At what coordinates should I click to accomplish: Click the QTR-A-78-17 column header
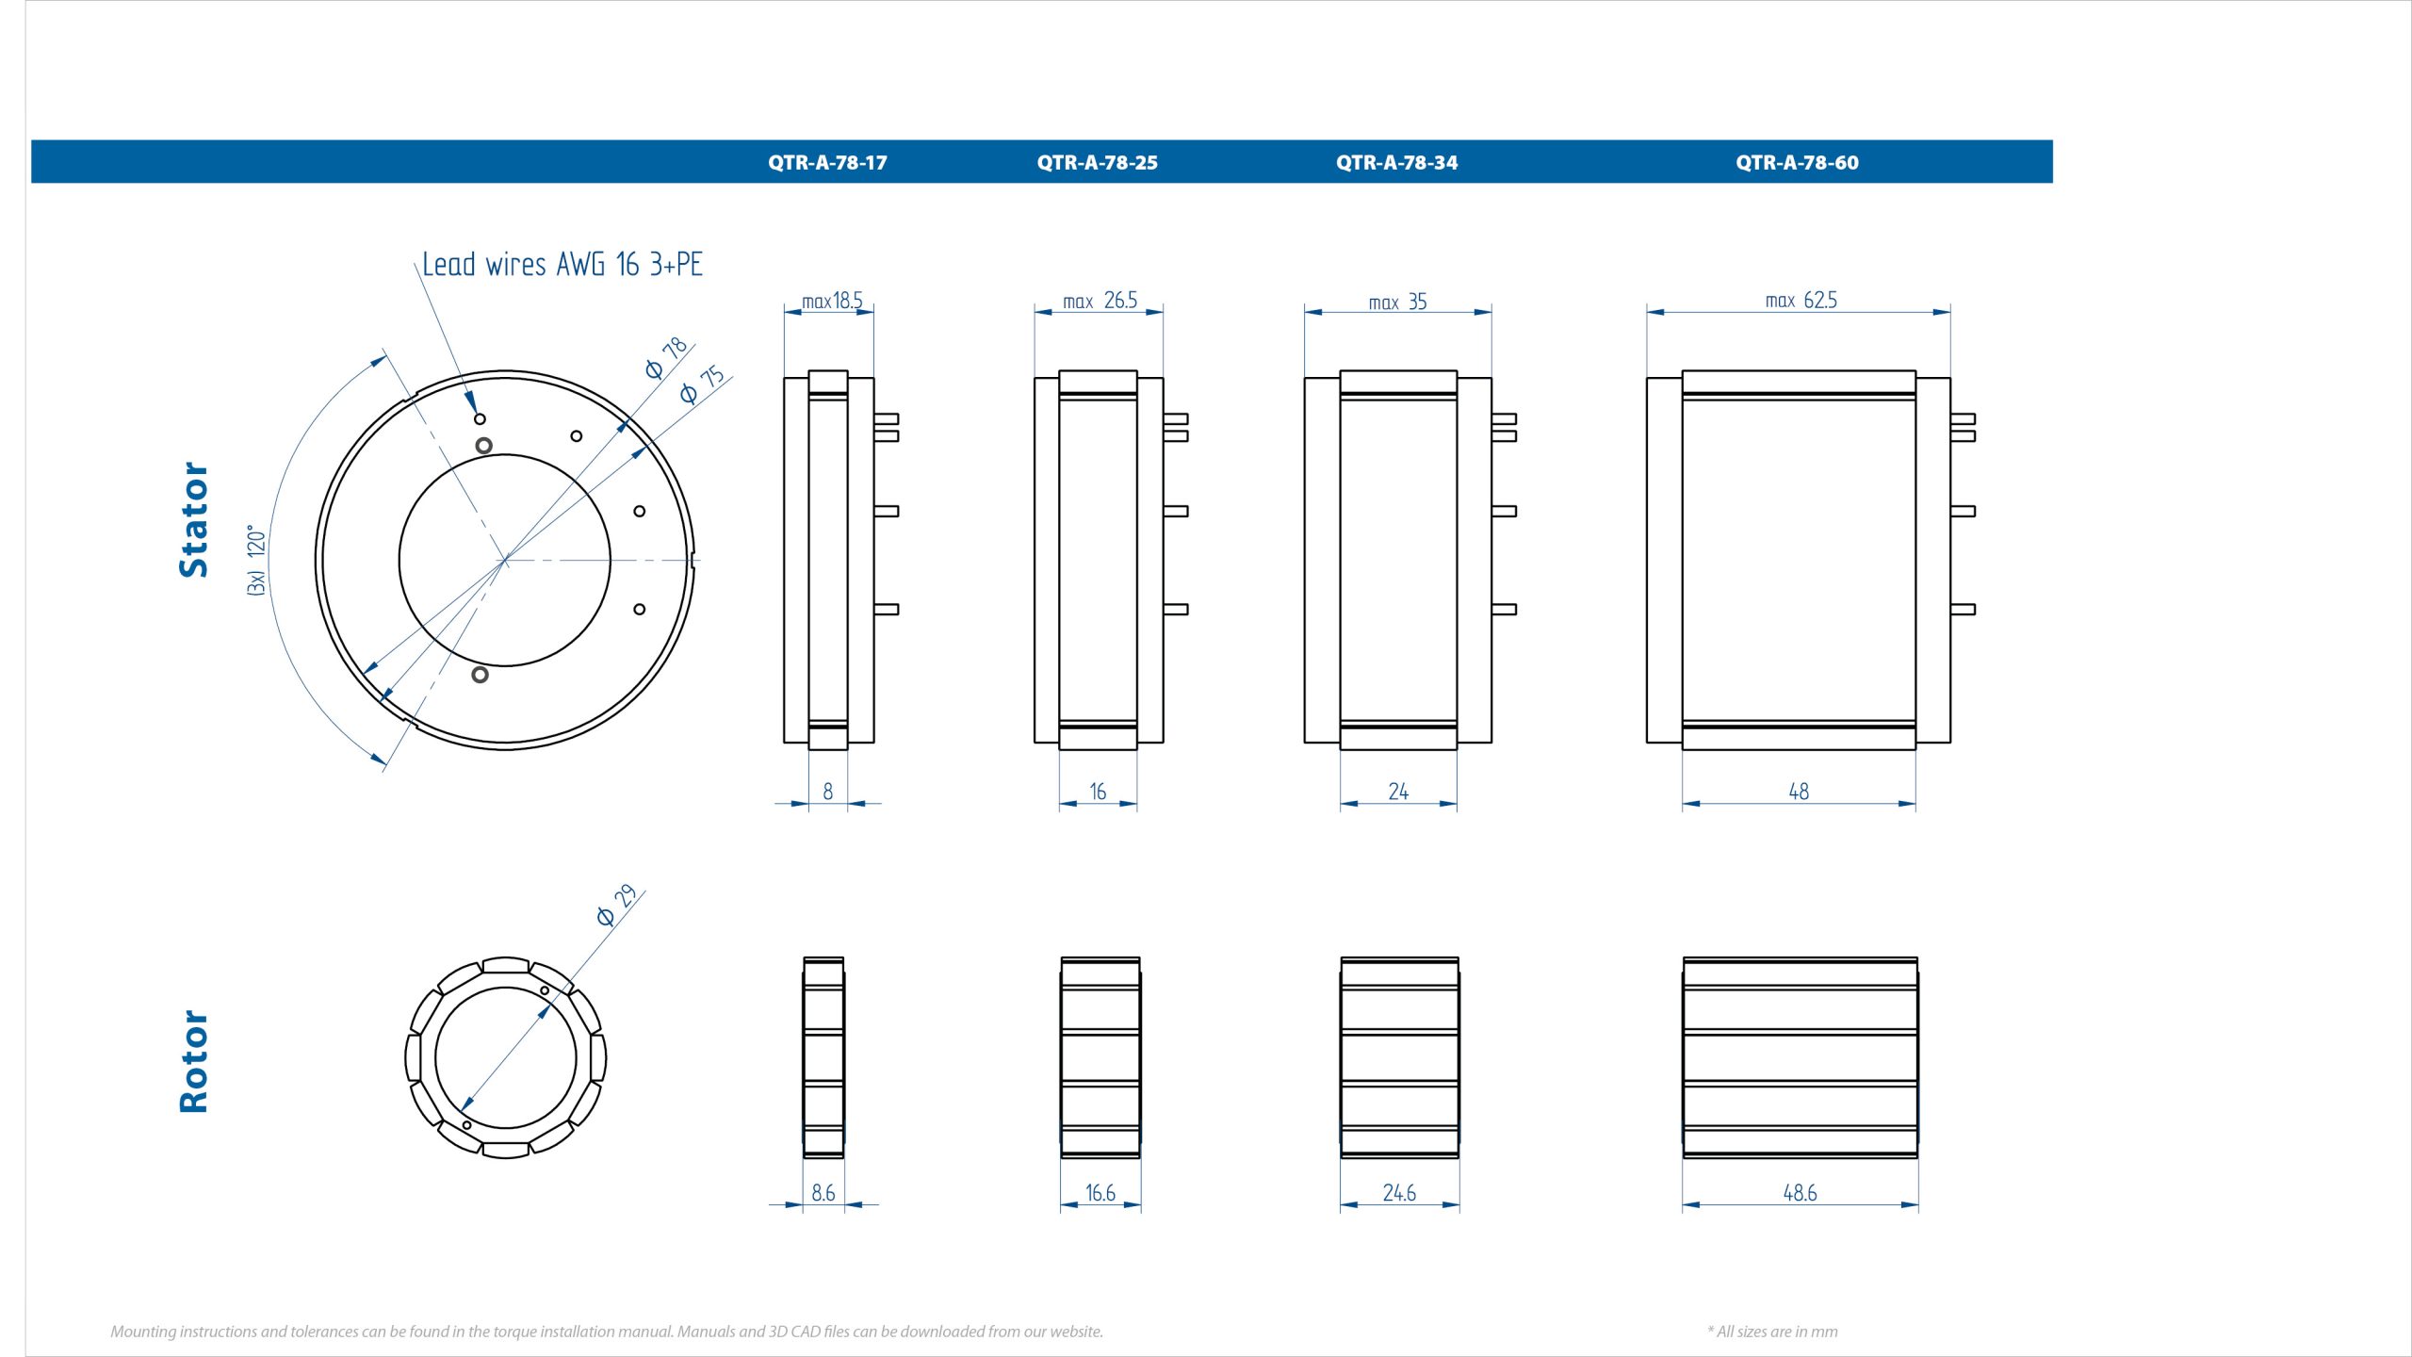coord(827,162)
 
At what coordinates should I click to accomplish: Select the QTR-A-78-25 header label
coord(1097,162)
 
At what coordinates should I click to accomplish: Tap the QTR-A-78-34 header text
coord(1396,162)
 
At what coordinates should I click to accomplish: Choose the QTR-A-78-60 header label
coord(1797,162)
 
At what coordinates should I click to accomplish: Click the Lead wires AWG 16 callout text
coord(562,264)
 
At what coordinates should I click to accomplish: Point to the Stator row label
coord(194,519)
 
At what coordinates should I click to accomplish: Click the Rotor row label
coord(194,1061)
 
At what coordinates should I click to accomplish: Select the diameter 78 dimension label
coord(667,357)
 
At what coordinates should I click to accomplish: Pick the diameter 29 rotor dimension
coord(617,906)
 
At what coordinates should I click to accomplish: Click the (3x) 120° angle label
coord(256,560)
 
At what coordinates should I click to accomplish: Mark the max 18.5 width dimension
coord(832,301)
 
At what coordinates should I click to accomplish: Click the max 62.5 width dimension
coord(1801,301)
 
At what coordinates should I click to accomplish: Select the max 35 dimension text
coord(1397,302)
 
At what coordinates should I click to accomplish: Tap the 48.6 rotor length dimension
coord(1800,1193)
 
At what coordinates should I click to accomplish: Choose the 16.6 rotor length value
coord(1100,1193)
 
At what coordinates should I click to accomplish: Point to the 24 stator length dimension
coord(1398,792)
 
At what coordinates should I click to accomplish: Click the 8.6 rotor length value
coord(823,1193)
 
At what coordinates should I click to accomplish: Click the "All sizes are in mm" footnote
coord(1772,1332)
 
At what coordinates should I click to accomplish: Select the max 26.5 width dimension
coord(1100,301)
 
